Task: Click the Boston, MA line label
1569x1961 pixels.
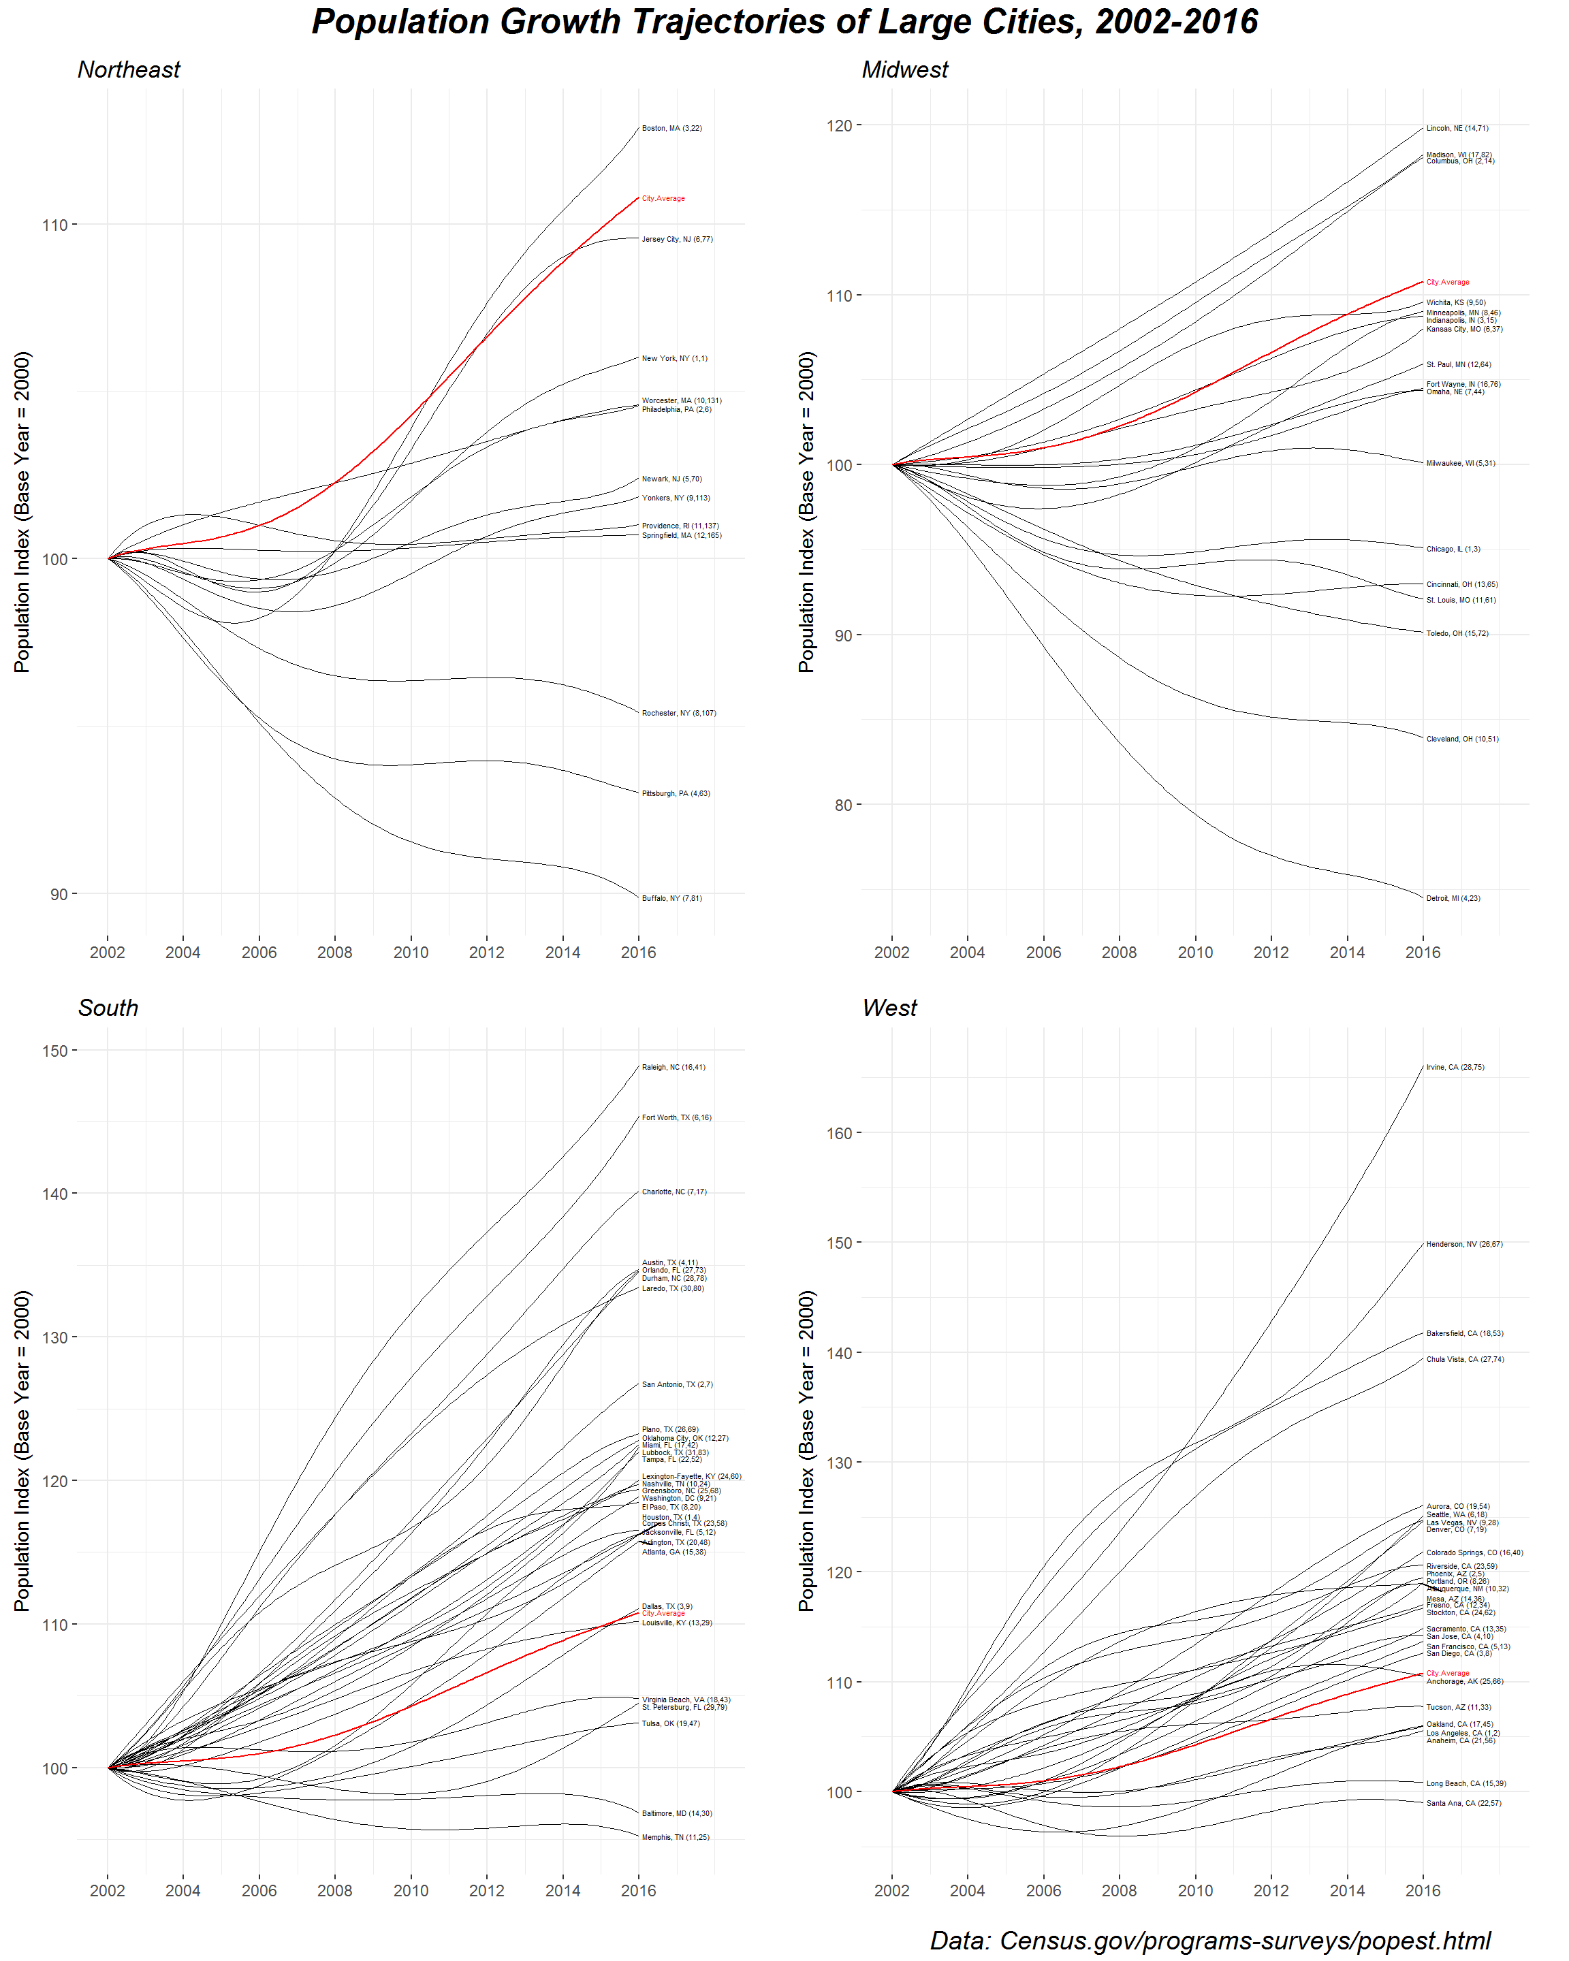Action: click(671, 128)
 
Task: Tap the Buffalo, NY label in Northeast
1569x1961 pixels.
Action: click(671, 897)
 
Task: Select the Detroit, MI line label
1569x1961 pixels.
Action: click(1453, 897)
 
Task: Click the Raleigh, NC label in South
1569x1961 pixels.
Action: click(673, 1067)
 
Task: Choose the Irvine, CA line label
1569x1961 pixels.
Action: click(1455, 1067)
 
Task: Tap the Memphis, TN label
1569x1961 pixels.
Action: click(675, 1837)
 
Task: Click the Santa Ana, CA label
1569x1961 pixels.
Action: click(1463, 1803)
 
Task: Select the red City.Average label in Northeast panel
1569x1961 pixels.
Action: click(663, 198)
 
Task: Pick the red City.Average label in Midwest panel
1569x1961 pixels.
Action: click(1447, 282)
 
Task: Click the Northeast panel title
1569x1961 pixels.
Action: click(129, 70)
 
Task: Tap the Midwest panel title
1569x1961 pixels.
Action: click(904, 70)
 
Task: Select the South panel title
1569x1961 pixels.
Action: click(108, 1008)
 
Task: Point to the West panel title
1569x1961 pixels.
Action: click(889, 1008)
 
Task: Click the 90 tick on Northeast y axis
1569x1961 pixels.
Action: click(58, 894)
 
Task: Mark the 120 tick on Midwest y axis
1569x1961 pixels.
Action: click(838, 125)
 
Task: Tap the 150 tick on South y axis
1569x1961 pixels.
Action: click(54, 1051)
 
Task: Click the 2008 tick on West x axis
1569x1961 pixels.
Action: click(1119, 1890)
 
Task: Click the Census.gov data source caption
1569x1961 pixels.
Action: click(1209, 1940)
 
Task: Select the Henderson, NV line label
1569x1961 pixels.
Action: click(1463, 1244)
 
